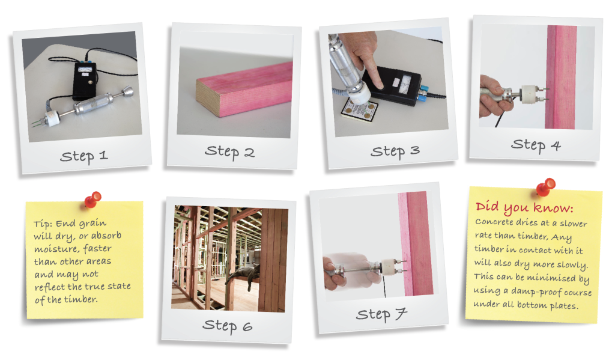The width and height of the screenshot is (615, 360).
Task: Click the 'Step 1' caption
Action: coord(83,156)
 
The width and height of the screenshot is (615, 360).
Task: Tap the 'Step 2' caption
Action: coord(229,152)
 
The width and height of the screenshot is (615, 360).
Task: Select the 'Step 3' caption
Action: coord(395,151)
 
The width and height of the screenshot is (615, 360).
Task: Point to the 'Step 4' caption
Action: coord(536,145)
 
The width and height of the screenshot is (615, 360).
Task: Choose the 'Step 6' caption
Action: coord(228,326)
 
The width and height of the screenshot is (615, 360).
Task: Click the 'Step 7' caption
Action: coord(381,314)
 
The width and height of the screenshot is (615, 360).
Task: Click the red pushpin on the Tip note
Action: coord(93,200)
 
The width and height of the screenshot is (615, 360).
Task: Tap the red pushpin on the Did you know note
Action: coord(545,187)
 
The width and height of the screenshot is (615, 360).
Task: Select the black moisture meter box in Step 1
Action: coord(84,81)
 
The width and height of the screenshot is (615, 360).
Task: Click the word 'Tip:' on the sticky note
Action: coord(43,224)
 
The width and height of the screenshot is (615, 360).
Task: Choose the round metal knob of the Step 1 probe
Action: coord(127,92)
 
